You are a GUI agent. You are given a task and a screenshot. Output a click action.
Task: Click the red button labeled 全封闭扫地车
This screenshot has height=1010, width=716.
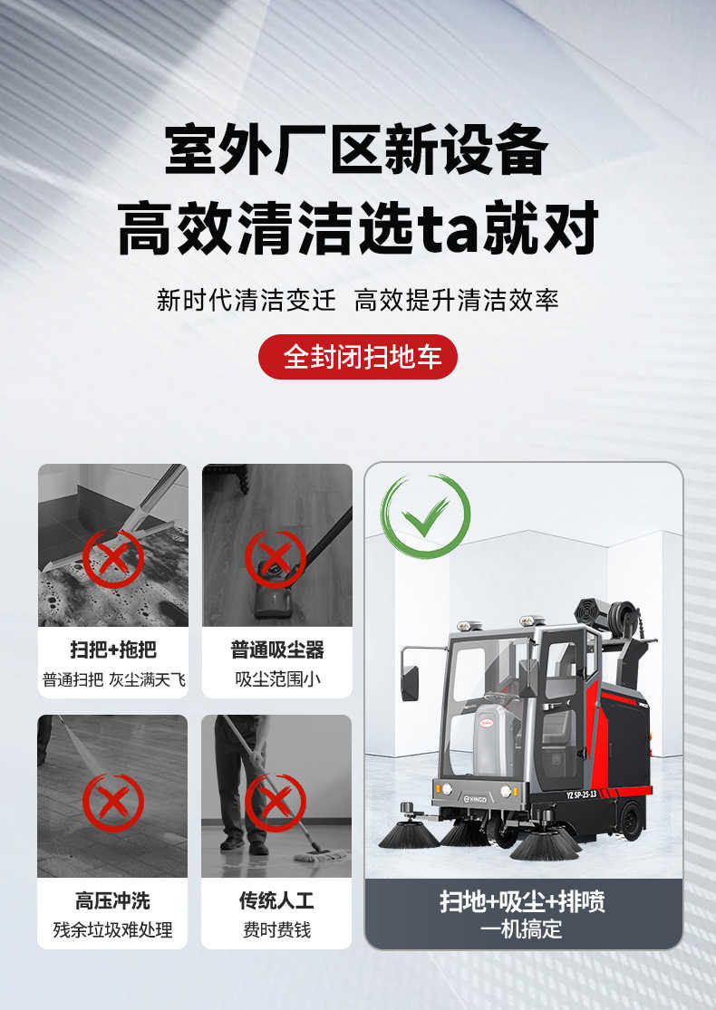[x=358, y=357]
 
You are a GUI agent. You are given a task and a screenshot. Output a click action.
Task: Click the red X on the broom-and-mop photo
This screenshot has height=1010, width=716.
[x=113, y=559]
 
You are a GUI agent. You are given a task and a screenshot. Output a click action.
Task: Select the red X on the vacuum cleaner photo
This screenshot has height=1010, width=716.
[x=276, y=559]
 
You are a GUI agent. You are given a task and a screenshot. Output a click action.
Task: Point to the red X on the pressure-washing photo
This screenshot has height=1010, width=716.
[x=113, y=802]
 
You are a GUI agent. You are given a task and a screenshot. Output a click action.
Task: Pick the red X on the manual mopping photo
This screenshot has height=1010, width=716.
[x=276, y=802]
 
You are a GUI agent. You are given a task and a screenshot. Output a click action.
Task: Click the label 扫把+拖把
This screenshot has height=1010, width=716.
[x=113, y=649]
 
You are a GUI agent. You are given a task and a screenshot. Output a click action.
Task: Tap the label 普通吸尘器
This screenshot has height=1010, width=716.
[x=277, y=649]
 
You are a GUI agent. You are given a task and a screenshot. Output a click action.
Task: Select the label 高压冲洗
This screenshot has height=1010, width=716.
[x=112, y=900]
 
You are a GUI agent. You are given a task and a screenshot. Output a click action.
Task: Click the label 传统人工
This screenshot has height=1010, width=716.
[x=276, y=900]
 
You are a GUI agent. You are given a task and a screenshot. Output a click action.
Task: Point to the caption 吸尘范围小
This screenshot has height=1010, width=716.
[x=277, y=678]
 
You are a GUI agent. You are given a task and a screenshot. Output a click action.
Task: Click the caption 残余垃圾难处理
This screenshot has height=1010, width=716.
[x=112, y=930]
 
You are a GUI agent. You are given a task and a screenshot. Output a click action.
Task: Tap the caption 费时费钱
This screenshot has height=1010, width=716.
[x=276, y=930]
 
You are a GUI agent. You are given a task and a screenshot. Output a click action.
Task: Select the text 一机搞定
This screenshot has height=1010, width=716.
[x=523, y=929]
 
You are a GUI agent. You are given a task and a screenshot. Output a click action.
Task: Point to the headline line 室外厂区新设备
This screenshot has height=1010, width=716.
[x=356, y=149]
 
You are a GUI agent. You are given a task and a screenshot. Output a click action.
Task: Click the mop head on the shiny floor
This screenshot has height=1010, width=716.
[x=320, y=855]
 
